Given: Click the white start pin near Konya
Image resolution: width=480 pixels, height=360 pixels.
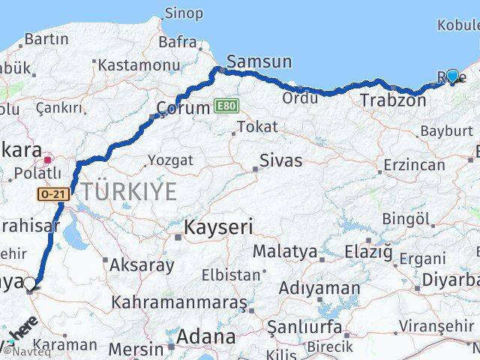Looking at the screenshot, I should (x=30, y=283).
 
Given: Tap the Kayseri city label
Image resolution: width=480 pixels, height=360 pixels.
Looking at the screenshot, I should (x=219, y=226).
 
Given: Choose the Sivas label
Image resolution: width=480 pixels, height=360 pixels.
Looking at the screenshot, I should (x=281, y=160).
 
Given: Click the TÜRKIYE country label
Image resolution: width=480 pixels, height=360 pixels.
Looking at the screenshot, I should (x=130, y=192).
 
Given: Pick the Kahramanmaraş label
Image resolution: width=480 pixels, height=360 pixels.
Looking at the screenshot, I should (x=179, y=303).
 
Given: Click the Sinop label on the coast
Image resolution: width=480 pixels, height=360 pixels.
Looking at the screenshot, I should (x=183, y=13).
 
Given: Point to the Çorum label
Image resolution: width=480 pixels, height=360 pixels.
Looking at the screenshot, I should (x=183, y=108).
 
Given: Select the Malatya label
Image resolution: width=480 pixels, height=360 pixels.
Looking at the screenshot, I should (x=284, y=251).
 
